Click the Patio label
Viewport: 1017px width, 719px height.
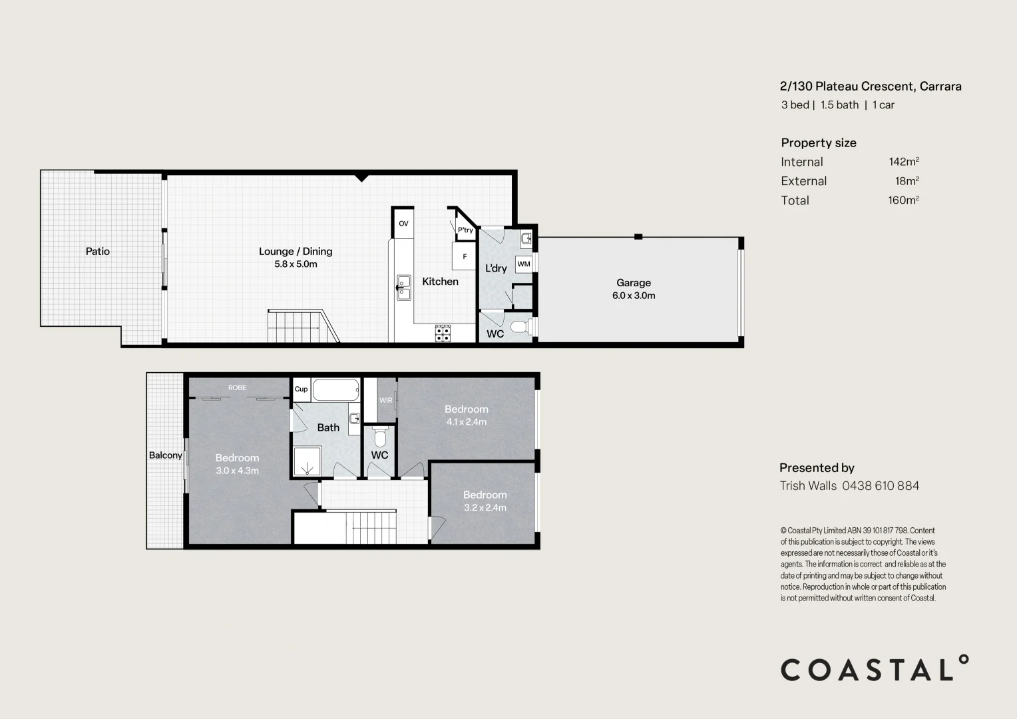(x=97, y=251)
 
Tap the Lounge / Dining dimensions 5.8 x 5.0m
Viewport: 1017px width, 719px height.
(x=296, y=264)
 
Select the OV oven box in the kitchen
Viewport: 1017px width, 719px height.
(x=403, y=224)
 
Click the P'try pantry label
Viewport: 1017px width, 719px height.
(x=465, y=230)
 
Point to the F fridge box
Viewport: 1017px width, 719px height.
(x=465, y=256)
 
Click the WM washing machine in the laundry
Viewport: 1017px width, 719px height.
(x=524, y=264)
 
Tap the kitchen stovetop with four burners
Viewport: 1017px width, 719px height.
(x=443, y=334)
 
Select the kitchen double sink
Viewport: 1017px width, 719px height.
(x=403, y=288)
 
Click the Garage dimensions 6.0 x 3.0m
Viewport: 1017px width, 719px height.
(x=634, y=296)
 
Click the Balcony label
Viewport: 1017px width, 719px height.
(x=165, y=455)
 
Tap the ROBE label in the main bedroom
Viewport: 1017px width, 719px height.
(x=237, y=387)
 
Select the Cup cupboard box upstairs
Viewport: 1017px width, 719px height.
(x=301, y=389)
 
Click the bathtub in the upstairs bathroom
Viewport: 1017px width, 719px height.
(x=336, y=389)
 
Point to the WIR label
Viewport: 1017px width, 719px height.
(x=385, y=400)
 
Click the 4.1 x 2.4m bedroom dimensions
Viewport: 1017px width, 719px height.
(x=466, y=422)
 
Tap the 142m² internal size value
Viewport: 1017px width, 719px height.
(x=903, y=162)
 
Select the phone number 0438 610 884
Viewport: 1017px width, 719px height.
(x=881, y=486)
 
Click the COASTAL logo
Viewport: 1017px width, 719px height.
(x=874, y=668)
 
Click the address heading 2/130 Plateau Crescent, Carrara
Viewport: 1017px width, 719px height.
(x=871, y=86)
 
